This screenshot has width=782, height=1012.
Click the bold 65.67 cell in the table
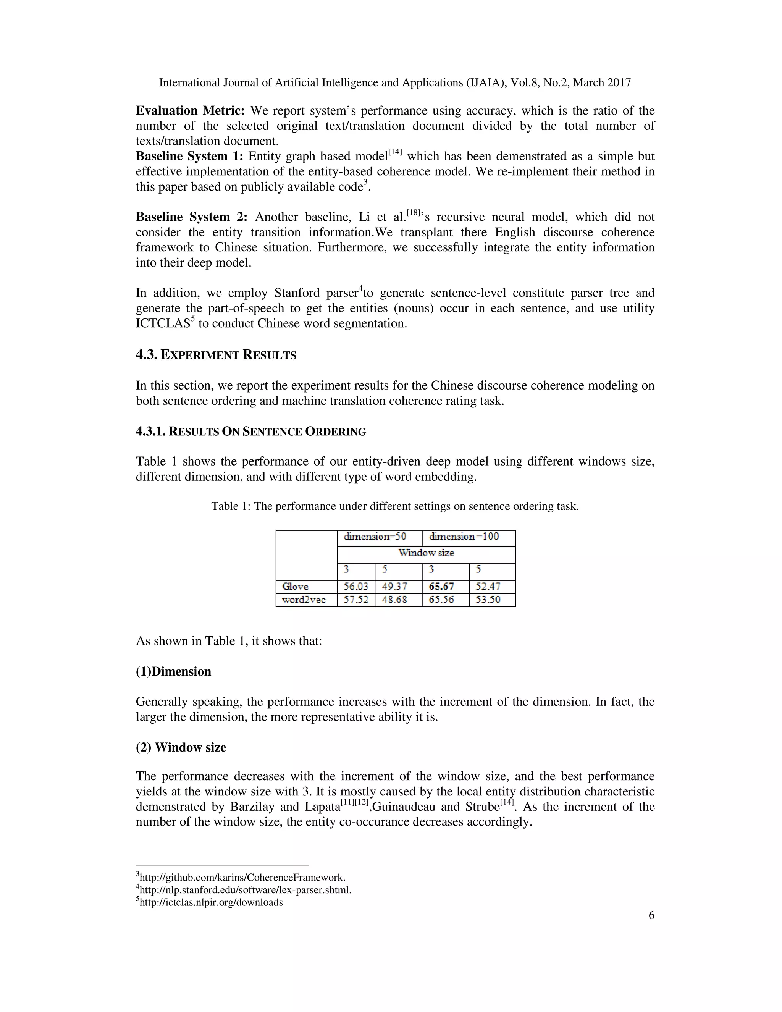coord(441,587)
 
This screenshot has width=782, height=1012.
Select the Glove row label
coord(295,587)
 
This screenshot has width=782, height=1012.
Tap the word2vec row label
coord(304,600)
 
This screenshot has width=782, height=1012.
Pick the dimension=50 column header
coord(375,537)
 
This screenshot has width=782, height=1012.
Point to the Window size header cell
coord(426,553)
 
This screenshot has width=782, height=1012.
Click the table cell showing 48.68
coord(394,600)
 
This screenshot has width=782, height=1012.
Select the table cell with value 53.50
coord(488,600)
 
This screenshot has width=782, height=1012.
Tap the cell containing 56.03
coord(356,587)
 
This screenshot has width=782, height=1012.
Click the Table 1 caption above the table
coord(395,506)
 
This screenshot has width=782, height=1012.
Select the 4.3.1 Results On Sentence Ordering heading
coord(250,432)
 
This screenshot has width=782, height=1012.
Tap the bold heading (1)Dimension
coord(173,671)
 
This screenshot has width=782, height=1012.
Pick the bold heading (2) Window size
coord(181,747)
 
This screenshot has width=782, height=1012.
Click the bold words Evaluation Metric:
coord(190,111)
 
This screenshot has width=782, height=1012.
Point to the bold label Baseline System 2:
coord(191,217)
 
